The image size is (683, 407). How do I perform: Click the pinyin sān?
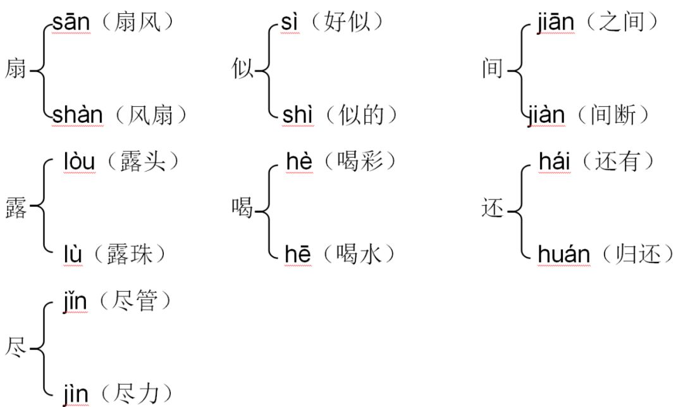pos(72,23)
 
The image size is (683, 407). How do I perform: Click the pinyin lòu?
pos(79,162)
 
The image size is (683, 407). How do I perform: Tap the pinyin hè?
pos(298,162)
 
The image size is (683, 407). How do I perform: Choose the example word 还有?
pos(623,162)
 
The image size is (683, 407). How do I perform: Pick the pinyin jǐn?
pos(75,302)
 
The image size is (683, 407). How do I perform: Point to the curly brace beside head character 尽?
pos(43,348)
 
